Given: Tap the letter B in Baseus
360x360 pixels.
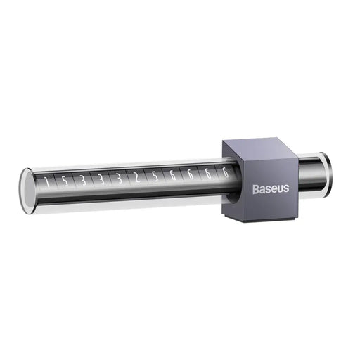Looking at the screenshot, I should tap(256, 188).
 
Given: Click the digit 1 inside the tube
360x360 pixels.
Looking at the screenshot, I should tap(47, 183).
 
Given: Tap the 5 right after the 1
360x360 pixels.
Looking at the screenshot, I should tap(65, 182).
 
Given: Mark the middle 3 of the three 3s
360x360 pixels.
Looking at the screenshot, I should tap(101, 179).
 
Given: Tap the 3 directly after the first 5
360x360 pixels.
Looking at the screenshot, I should tap(83, 181).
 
